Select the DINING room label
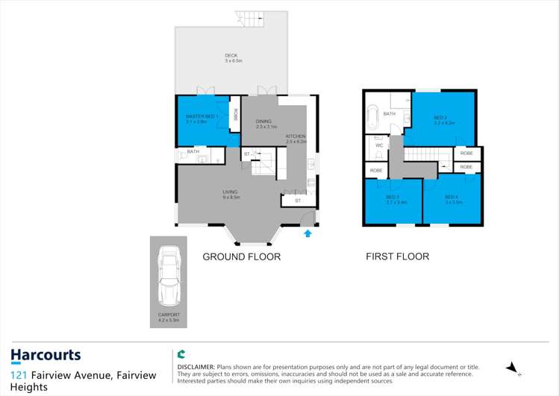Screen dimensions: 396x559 (x=263, y=123)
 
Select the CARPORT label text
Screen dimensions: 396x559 (x=169, y=315)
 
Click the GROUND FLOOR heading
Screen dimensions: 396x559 (x=242, y=257)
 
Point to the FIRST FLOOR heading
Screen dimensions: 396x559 (x=397, y=257)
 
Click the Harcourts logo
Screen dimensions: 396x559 (x=46, y=356)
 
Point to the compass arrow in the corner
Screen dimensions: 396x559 (x=512, y=367)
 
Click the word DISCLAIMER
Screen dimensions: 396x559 (x=196, y=368)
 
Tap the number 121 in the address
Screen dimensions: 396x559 (x=20, y=374)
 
